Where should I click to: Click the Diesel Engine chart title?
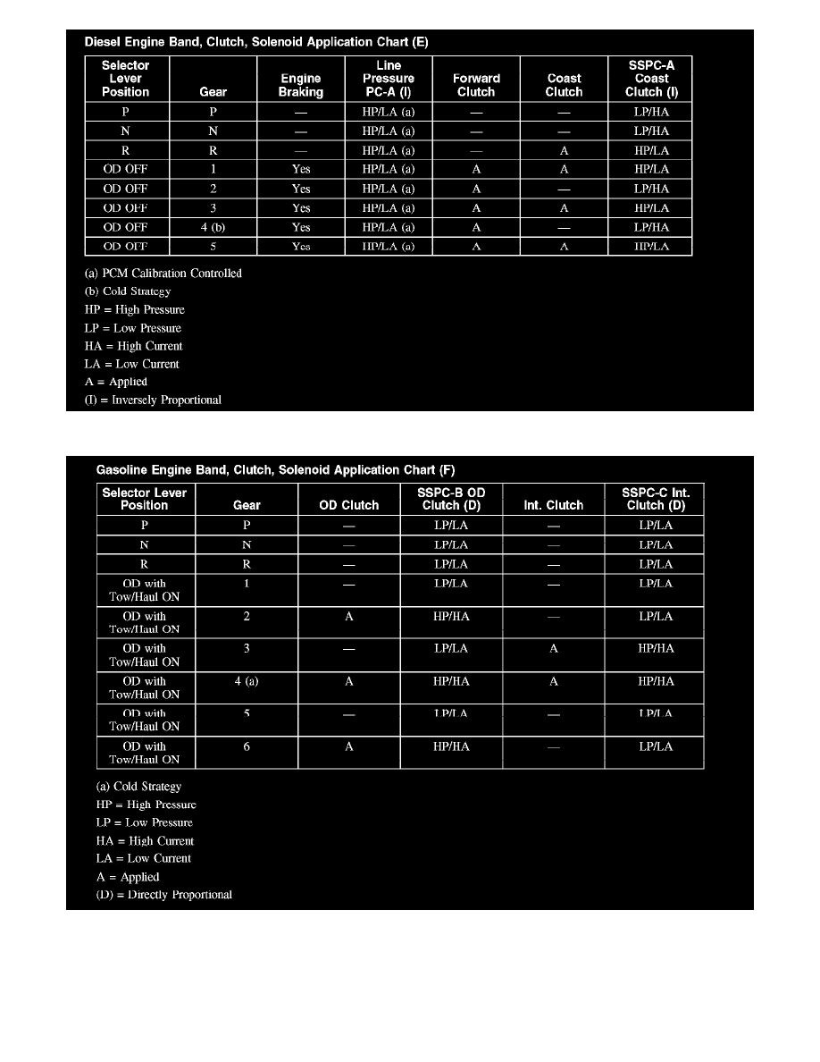(x=255, y=41)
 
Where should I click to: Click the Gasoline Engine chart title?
(x=275, y=469)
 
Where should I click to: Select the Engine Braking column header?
(x=301, y=85)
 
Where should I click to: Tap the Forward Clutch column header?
(x=476, y=85)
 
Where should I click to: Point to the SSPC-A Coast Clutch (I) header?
(x=651, y=79)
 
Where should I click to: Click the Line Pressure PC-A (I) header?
(x=389, y=79)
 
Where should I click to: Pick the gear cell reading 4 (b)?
(x=213, y=227)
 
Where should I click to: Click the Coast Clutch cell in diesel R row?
(x=564, y=150)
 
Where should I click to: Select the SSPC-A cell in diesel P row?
(x=651, y=113)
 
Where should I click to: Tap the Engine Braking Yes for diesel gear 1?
(x=301, y=169)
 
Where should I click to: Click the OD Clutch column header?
(x=348, y=505)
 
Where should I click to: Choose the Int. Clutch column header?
(x=553, y=505)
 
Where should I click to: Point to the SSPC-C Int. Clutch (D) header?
(x=656, y=499)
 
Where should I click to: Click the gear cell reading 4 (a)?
(x=247, y=681)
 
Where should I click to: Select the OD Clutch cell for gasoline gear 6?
(x=348, y=746)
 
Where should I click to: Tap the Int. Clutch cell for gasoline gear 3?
(x=553, y=649)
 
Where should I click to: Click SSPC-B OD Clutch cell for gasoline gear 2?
(x=451, y=617)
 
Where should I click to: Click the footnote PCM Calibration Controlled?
(x=169, y=274)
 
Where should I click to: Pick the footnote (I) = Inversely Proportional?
(x=159, y=400)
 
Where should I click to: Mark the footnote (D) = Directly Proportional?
(x=163, y=895)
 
